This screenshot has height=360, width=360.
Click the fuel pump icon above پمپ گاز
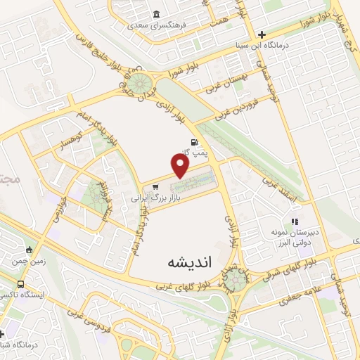[192, 142]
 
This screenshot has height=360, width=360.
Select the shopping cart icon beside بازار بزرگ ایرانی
[154, 187]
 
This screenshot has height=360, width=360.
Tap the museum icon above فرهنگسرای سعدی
[155, 15]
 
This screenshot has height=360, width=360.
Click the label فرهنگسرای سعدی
[155, 25]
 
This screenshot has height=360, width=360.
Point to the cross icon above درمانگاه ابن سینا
[261, 34]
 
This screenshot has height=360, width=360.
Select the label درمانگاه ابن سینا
[261, 46]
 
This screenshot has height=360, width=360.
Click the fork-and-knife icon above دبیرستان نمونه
[295, 202]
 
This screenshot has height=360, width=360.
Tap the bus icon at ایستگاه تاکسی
[20, 284]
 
